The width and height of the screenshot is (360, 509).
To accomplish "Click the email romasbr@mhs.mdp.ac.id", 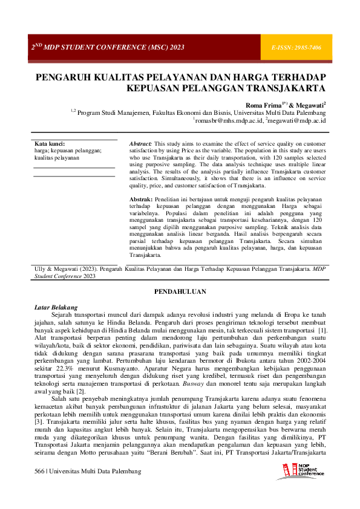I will click(230, 120).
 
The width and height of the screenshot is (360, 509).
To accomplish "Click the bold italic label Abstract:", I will click(141, 144).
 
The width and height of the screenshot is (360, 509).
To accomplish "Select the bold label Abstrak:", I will click(141, 199).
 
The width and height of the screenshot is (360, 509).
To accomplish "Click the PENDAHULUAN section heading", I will click(180, 291).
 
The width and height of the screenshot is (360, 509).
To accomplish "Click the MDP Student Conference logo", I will click(303, 470).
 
